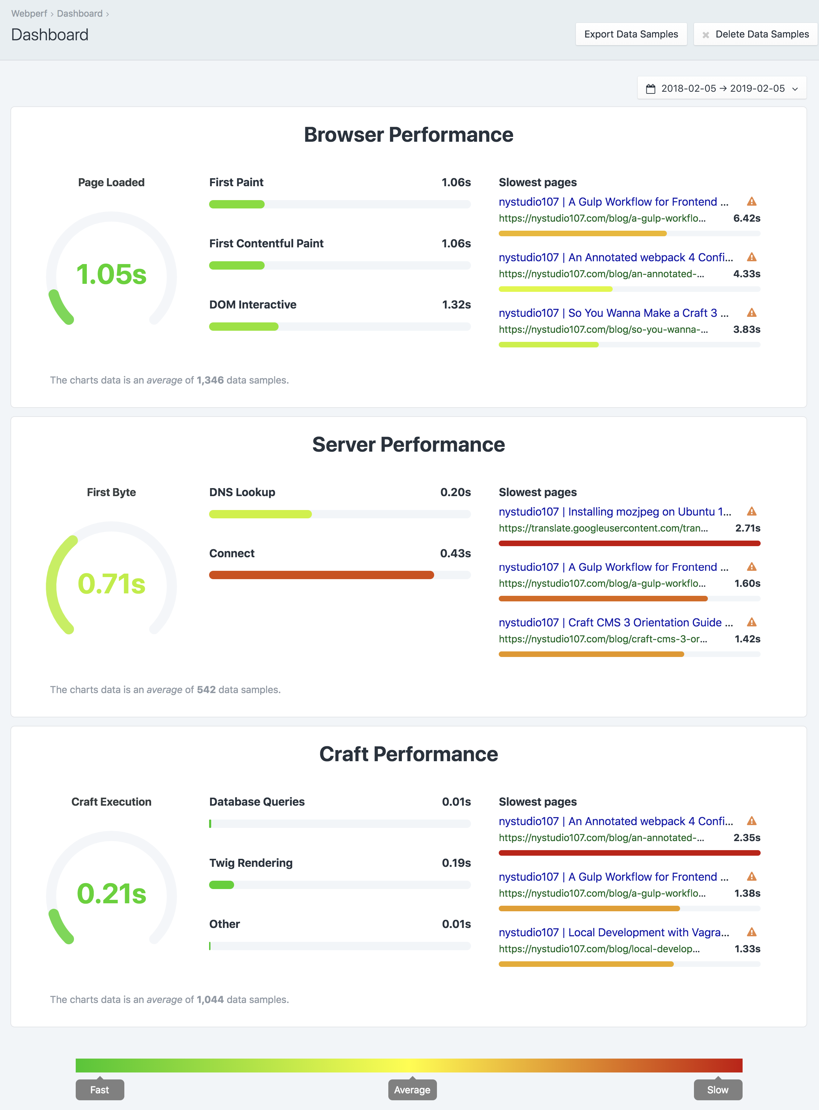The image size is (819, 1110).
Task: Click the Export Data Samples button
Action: pyautogui.click(x=631, y=34)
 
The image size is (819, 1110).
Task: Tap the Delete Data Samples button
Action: pyautogui.click(x=755, y=34)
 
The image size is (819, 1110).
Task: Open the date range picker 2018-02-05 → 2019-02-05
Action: pyautogui.click(x=722, y=88)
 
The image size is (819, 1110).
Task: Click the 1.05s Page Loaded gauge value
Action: pyautogui.click(x=111, y=274)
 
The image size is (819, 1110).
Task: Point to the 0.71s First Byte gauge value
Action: pyautogui.click(x=111, y=584)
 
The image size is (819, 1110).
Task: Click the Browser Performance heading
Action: pyautogui.click(x=408, y=135)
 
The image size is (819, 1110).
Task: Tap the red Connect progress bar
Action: pyautogui.click(x=321, y=575)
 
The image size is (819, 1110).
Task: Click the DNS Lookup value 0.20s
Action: pyautogui.click(x=455, y=492)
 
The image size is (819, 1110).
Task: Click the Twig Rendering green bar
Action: pyautogui.click(x=222, y=885)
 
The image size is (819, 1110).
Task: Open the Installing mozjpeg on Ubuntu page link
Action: pyautogui.click(x=615, y=512)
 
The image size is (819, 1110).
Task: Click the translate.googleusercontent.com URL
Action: pyautogui.click(x=603, y=528)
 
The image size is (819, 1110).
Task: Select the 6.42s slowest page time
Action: pyautogui.click(x=747, y=218)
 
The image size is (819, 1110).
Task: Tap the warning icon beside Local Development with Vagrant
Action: pyautogui.click(x=752, y=932)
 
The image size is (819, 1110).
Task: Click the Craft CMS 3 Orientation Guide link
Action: pyautogui.click(x=615, y=623)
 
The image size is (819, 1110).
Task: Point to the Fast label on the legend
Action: pyautogui.click(x=100, y=1090)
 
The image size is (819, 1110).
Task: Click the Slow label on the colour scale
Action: pyautogui.click(x=717, y=1090)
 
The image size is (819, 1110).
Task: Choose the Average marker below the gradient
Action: pyautogui.click(x=412, y=1090)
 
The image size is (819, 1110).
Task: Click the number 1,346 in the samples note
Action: pyautogui.click(x=210, y=380)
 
